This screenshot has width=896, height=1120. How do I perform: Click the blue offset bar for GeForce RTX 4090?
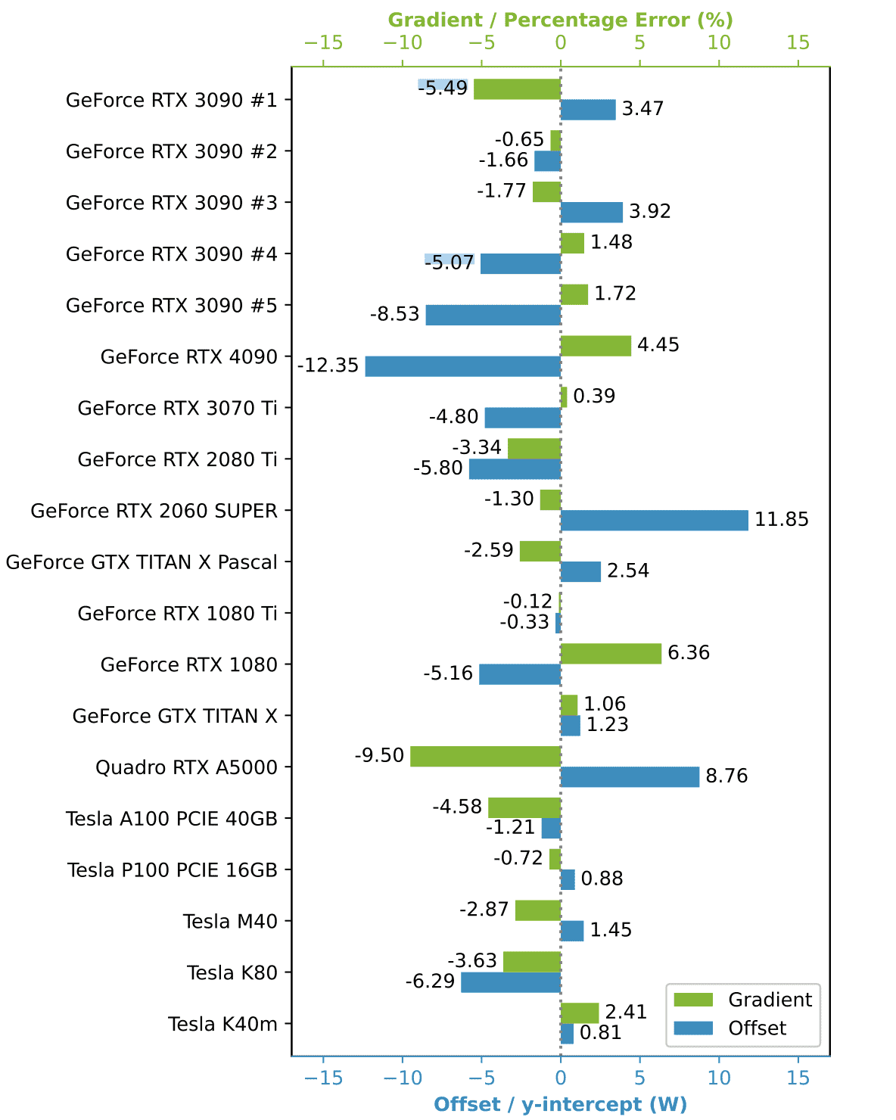click(462, 366)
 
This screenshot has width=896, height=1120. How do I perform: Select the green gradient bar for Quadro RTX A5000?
click(485, 756)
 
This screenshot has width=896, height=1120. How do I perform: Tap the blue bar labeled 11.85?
click(654, 520)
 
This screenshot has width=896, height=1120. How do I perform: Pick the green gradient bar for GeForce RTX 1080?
click(611, 653)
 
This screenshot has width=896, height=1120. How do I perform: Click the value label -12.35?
click(328, 366)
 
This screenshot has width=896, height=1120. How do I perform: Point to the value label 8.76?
click(726, 776)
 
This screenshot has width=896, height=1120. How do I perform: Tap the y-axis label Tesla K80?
click(232, 972)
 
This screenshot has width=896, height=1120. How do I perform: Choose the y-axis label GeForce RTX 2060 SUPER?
click(154, 511)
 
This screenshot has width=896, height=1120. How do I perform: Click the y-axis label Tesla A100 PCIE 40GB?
click(172, 819)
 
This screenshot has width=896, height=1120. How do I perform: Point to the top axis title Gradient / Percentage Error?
click(560, 20)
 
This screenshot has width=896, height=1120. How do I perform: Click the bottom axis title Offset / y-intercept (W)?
click(560, 1104)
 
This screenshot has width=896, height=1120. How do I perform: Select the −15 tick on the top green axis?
click(323, 43)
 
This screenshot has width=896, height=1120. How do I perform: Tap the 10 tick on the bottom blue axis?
click(719, 1078)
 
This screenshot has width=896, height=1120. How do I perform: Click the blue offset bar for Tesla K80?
click(511, 982)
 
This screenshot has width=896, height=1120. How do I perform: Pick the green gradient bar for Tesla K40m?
click(580, 1013)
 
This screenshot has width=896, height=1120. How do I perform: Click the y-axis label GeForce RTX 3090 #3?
click(172, 203)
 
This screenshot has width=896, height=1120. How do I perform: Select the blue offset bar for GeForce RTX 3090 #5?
click(493, 315)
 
